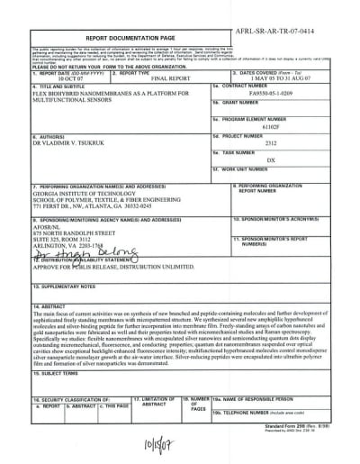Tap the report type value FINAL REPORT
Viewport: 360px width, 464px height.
pyautogui.click(x=148, y=79)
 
